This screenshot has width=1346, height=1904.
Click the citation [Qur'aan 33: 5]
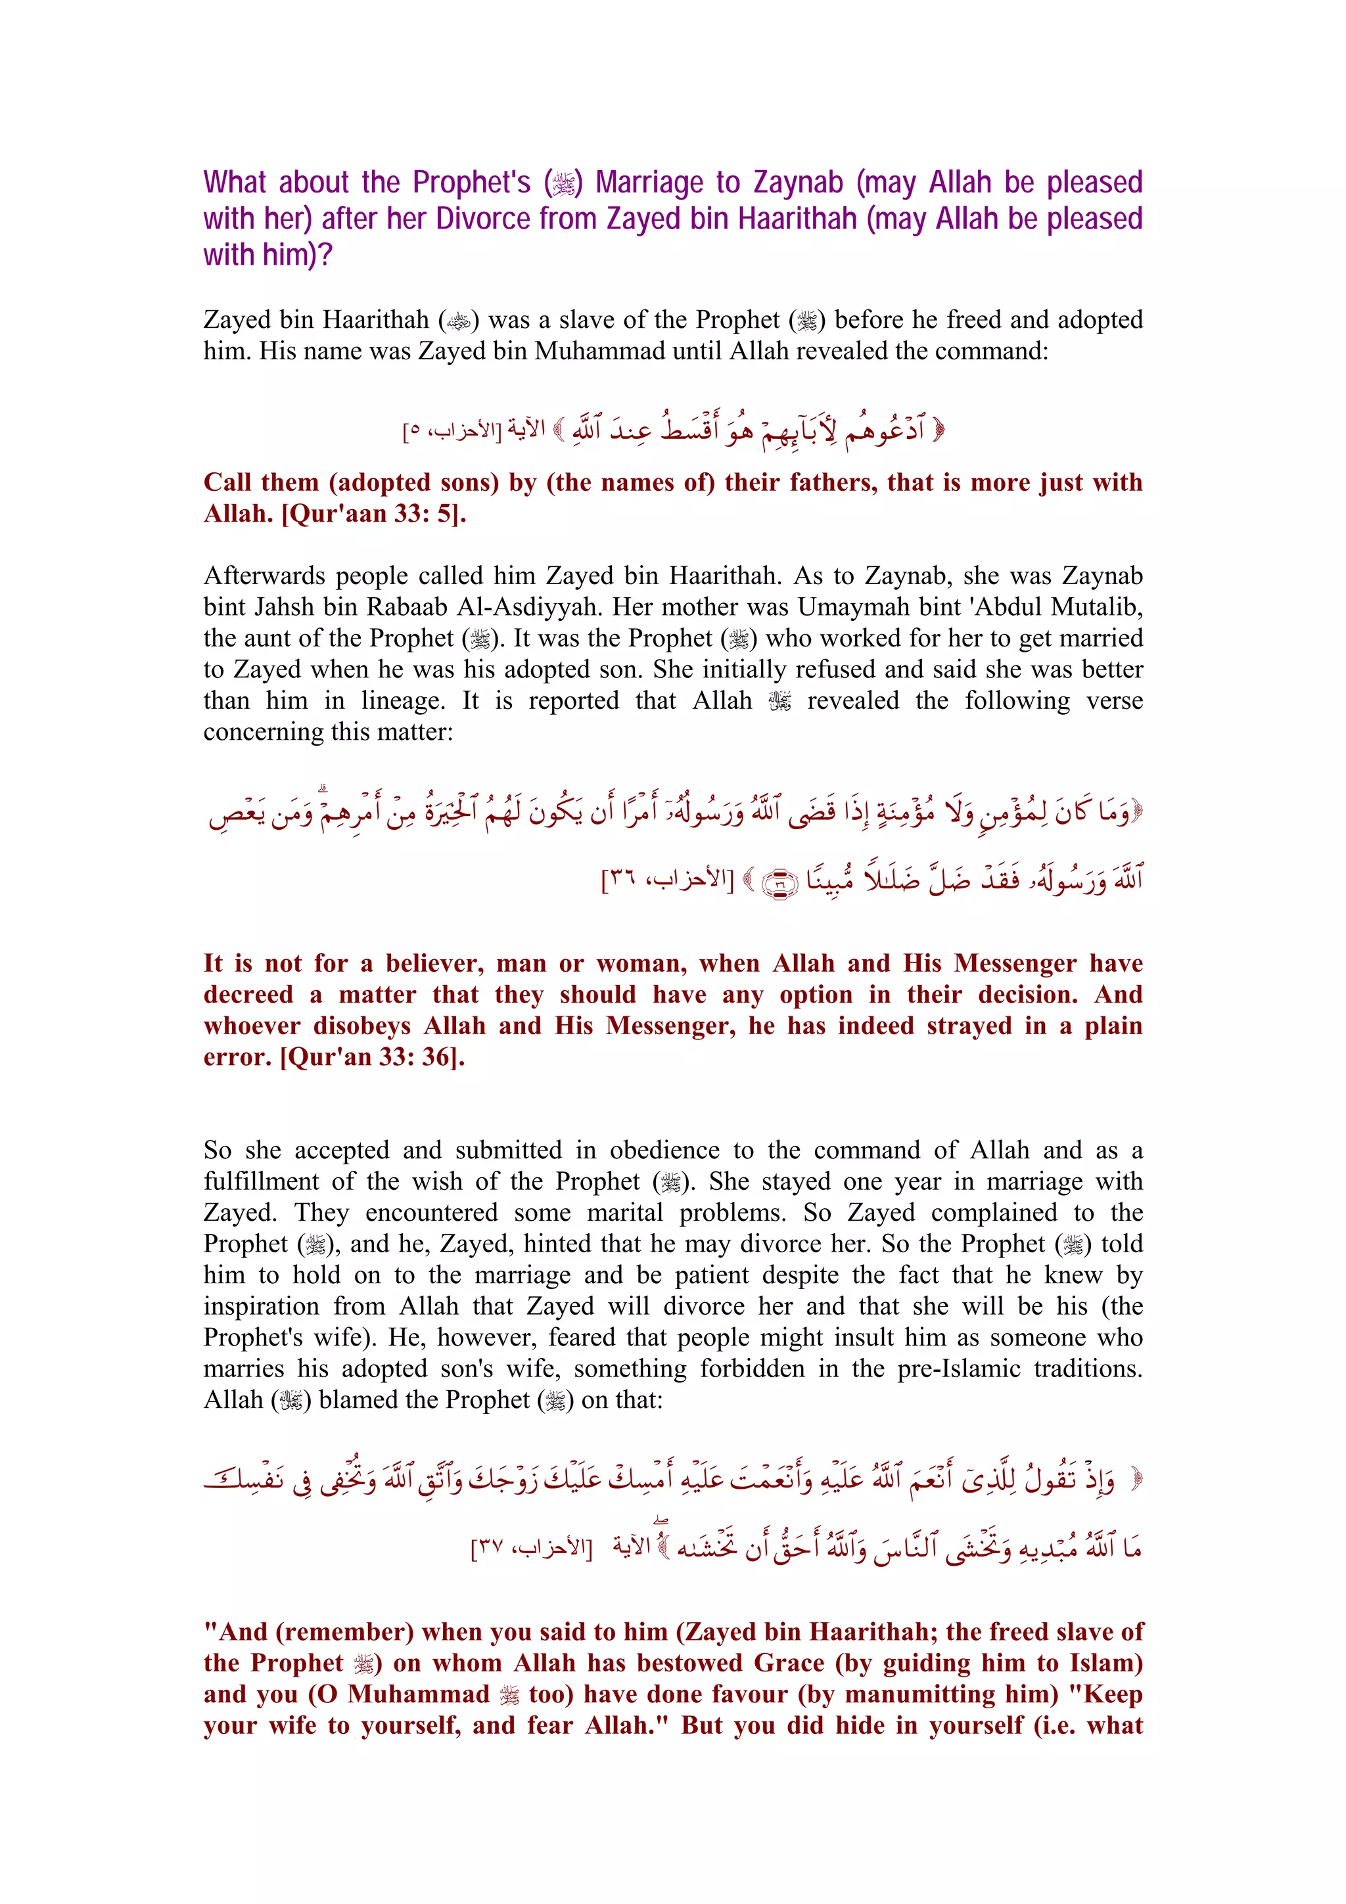[x=373, y=514]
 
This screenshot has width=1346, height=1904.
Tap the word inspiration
[x=260, y=1306]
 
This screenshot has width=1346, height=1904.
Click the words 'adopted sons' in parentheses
[x=406, y=483]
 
